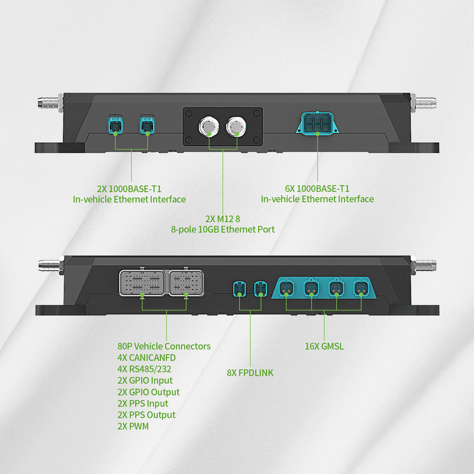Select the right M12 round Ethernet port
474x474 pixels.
(x=236, y=127)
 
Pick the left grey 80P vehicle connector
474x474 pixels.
(x=142, y=283)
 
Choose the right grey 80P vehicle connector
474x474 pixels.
(x=186, y=282)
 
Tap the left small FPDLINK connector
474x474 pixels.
(x=239, y=288)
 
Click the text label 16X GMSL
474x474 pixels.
(x=324, y=346)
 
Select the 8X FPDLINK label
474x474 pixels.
(x=250, y=373)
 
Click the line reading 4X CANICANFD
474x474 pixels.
(x=147, y=357)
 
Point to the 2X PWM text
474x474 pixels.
(x=133, y=426)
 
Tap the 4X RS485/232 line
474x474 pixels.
(x=145, y=369)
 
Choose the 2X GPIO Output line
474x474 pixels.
(x=149, y=392)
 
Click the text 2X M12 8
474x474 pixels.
(x=223, y=218)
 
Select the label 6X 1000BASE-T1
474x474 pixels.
(x=317, y=188)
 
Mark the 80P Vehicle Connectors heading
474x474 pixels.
(x=164, y=346)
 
